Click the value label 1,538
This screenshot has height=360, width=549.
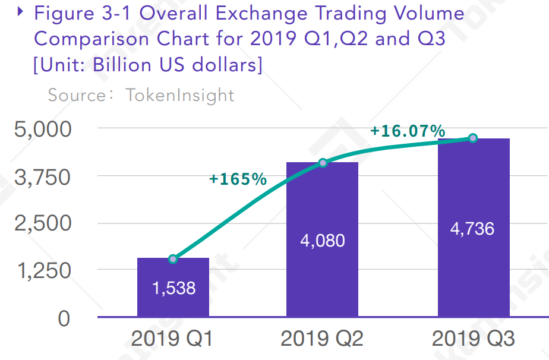(x=173, y=288)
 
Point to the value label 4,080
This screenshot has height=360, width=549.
(x=323, y=241)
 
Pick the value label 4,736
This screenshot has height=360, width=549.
(x=472, y=228)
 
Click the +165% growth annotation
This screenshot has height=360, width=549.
(x=238, y=179)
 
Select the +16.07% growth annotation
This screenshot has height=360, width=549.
(x=408, y=131)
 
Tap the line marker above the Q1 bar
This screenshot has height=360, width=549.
(x=173, y=258)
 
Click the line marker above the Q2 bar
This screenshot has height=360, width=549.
(x=323, y=163)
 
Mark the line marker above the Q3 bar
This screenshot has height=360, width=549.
(x=473, y=138)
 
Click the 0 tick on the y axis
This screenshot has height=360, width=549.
(x=64, y=318)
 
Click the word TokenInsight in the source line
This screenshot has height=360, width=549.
(x=179, y=95)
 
